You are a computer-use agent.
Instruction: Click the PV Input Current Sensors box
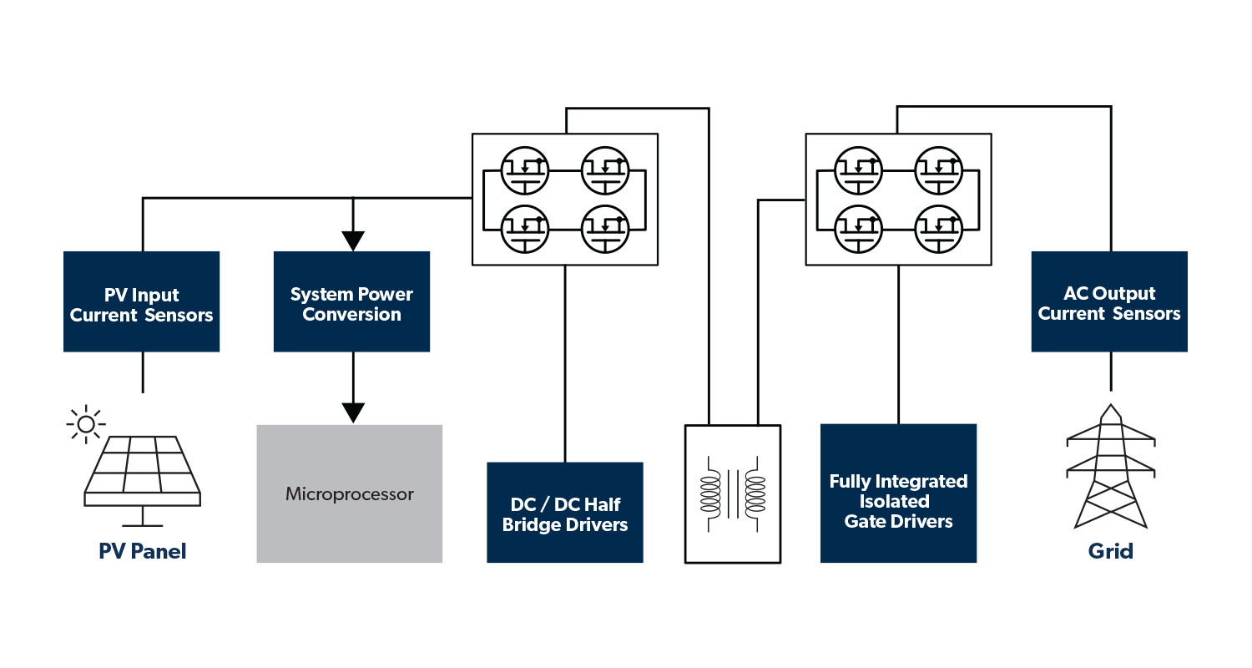click(142, 301)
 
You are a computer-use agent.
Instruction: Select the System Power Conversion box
click(351, 301)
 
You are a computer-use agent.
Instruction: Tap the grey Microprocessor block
click(349, 493)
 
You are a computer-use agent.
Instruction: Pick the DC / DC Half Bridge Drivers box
click(565, 513)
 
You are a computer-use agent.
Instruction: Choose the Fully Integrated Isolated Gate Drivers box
click(898, 493)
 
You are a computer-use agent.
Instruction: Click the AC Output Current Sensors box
click(1108, 301)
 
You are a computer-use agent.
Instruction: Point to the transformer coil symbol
click(733, 494)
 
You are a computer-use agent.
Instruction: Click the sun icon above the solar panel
click(85, 424)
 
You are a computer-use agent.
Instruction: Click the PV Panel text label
click(143, 551)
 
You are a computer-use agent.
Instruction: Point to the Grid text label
click(1110, 551)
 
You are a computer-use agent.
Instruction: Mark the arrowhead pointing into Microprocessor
click(353, 412)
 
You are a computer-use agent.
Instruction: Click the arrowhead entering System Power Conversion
click(353, 240)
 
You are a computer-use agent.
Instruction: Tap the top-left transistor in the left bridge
click(524, 170)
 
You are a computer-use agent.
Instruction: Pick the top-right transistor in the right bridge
click(939, 170)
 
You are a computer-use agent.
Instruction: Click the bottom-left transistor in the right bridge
click(858, 228)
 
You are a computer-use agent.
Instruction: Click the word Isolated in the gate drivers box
click(894, 501)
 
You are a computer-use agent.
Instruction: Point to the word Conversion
click(351, 315)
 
